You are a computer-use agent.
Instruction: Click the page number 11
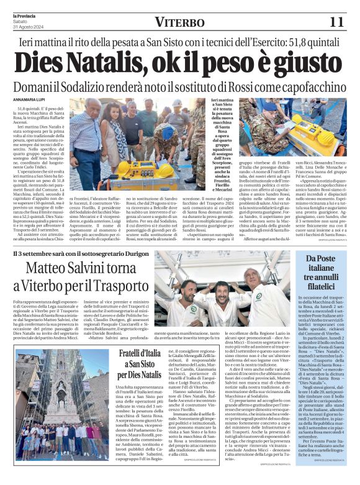(x=336, y=22)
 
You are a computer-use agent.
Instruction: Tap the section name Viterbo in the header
(x=179, y=22)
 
